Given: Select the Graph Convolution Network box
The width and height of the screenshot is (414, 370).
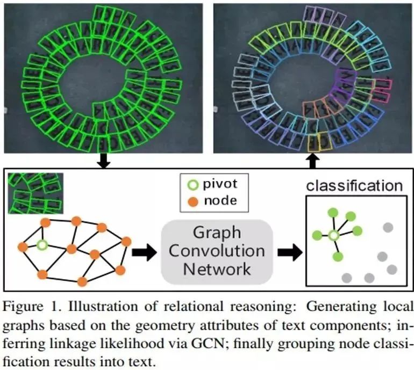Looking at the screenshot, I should [217, 251].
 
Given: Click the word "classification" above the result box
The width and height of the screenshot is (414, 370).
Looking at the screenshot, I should [354, 186].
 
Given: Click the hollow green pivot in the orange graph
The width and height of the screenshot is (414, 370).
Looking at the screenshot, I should [42, 245].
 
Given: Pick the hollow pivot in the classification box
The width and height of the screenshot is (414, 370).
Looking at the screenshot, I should [333, 235].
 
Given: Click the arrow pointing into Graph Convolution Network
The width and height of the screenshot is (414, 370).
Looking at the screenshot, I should [143, 251].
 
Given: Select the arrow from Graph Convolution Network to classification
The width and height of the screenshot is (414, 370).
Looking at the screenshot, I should [289, 251].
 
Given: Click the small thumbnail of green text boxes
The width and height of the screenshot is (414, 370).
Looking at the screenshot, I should [35, 193].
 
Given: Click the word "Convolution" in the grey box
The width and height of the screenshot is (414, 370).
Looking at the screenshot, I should [217, 251].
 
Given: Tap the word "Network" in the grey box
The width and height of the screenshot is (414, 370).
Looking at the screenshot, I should [217, 268].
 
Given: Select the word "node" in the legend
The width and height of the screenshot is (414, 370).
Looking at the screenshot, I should [219, 202].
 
